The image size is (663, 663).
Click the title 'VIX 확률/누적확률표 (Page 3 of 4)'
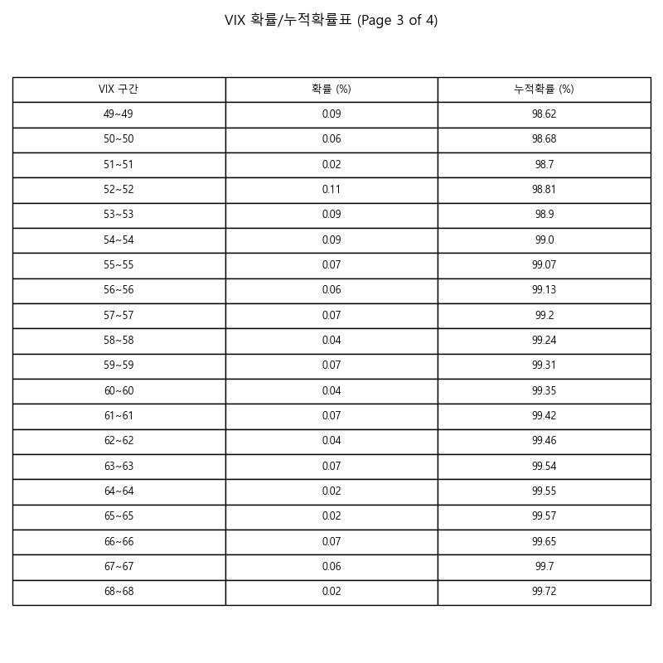tap(331, 21)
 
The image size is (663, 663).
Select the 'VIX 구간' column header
tap(119, 90)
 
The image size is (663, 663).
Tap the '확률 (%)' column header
tap(331, 90)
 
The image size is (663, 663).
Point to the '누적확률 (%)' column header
tap(544, 90)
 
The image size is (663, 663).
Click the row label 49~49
tap(119, 114)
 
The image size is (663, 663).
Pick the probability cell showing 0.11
tap(331, 190)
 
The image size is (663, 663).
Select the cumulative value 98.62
tap(544, 114)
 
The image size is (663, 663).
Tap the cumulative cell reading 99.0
tap(544, 240)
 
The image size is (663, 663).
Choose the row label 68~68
tap(119, 592)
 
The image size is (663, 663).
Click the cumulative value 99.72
tap(544, 592)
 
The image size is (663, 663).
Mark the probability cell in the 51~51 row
tap(331, 165)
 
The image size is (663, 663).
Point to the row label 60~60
tap(119, 391)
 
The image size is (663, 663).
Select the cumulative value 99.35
tap(544, 391)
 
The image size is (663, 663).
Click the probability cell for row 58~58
tap(331, 341)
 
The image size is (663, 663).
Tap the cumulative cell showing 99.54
tap(544, 467)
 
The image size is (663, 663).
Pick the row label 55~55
tap(119, 265)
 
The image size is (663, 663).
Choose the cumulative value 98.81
tap(544, 190)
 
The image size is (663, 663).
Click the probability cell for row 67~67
tap(331, 567)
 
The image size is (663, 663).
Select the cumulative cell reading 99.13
tap(544, 290)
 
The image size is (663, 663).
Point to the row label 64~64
tap(119, 491)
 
